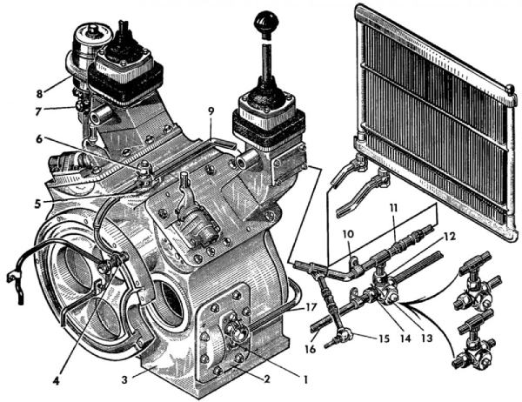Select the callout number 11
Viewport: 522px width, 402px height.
392,209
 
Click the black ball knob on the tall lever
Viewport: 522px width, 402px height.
264,20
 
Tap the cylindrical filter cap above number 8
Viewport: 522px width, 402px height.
89,38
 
